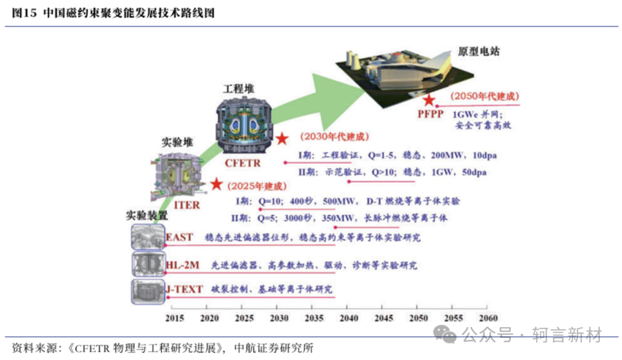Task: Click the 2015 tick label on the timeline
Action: click(x=175, y=318)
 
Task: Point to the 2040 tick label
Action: click(x=349, y=318)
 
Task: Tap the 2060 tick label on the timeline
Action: click(x=488, y=318)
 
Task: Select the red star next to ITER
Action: click(x=216, y=184)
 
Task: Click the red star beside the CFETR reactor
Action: click(x=282, y=138)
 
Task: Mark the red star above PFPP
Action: click(x=429, y=100)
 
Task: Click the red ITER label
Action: click(x=187, y=205)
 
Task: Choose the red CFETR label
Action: click(x=243, y=163)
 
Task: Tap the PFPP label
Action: click(x=430, y=114)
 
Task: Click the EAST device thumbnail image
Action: click(x=148, y=237)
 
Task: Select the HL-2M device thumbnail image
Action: click(x=148, y=264)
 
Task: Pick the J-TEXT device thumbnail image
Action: click(x=148, y=291)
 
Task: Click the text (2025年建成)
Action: click(x=257, y=186)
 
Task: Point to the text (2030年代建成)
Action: click(x=335, y=137)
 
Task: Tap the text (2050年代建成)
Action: click(x=484, y=96)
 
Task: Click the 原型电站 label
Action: click(x=479, y=52)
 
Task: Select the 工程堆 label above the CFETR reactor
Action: click(x=238, y=89)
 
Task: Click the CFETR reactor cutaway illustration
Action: click(x=244, y=125)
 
